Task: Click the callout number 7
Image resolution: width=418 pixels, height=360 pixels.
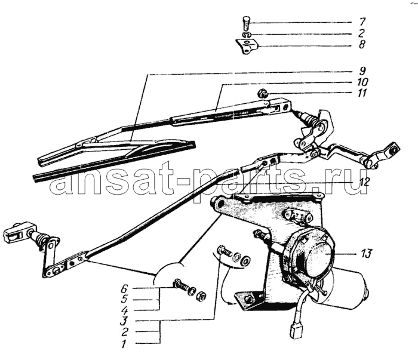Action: (362, 21)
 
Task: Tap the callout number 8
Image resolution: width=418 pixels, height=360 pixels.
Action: (362, 44)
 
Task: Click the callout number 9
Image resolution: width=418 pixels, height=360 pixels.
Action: (362, 71)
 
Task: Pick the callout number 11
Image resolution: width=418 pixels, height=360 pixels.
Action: (362, 93)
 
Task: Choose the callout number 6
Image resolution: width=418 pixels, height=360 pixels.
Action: (124, 288)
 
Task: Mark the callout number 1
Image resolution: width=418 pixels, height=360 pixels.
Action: (124, 344)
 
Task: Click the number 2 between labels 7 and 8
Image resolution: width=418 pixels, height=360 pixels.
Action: (362, 33)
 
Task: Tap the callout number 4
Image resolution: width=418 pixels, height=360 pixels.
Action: (124, 310)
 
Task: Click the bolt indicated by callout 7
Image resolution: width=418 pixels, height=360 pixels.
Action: (247, 23)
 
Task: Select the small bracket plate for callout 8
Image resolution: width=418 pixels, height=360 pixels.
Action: (248, 46)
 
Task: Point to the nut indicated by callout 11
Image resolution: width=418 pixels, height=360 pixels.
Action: (262, 94)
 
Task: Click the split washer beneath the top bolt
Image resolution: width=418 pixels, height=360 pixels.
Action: (247, 35)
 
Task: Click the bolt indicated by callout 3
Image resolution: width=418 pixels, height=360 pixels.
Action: (225, 251)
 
